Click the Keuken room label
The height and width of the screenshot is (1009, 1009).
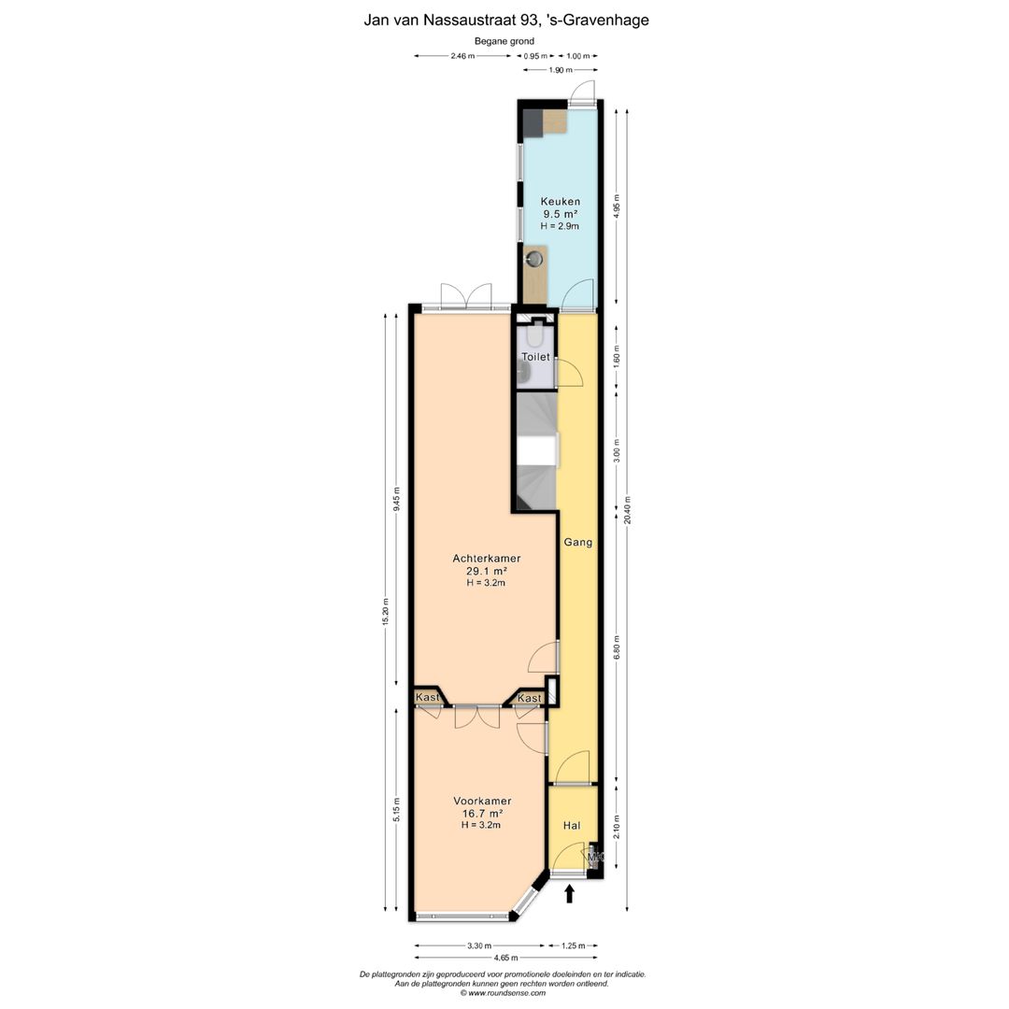[x=560, y=202]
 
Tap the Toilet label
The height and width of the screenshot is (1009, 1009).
[x=535, y=357]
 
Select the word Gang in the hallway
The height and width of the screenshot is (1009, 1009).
[x=578, y=543]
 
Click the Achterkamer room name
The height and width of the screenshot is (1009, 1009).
[x=487, y=559]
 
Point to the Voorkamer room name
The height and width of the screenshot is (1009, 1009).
[x=483, y=802]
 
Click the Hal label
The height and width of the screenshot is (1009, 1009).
[x=572, y=826]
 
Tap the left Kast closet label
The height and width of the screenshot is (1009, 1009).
[x=427, y=698]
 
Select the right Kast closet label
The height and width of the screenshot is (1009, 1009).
[x=530, y=698]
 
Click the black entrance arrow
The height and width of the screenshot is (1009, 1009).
[x=569, y=894]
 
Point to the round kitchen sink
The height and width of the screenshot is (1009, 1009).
[x=534, y=260]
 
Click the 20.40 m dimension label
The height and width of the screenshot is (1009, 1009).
[x=628, y=510]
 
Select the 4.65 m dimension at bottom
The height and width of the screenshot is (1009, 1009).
[x=505, y=958]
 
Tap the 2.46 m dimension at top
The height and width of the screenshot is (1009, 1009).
[x=462, y=56]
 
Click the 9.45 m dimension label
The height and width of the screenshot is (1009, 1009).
[x=396, y=499]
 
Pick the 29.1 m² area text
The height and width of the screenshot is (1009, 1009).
[x=487, y=571]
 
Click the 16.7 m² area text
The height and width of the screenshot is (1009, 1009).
[x=482, y=814]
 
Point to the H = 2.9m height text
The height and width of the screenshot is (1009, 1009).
[x=560, y=226]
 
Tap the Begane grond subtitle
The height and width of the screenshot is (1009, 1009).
[x=504, y=41]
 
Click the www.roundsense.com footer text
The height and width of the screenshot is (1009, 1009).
[x=506, y=993]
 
